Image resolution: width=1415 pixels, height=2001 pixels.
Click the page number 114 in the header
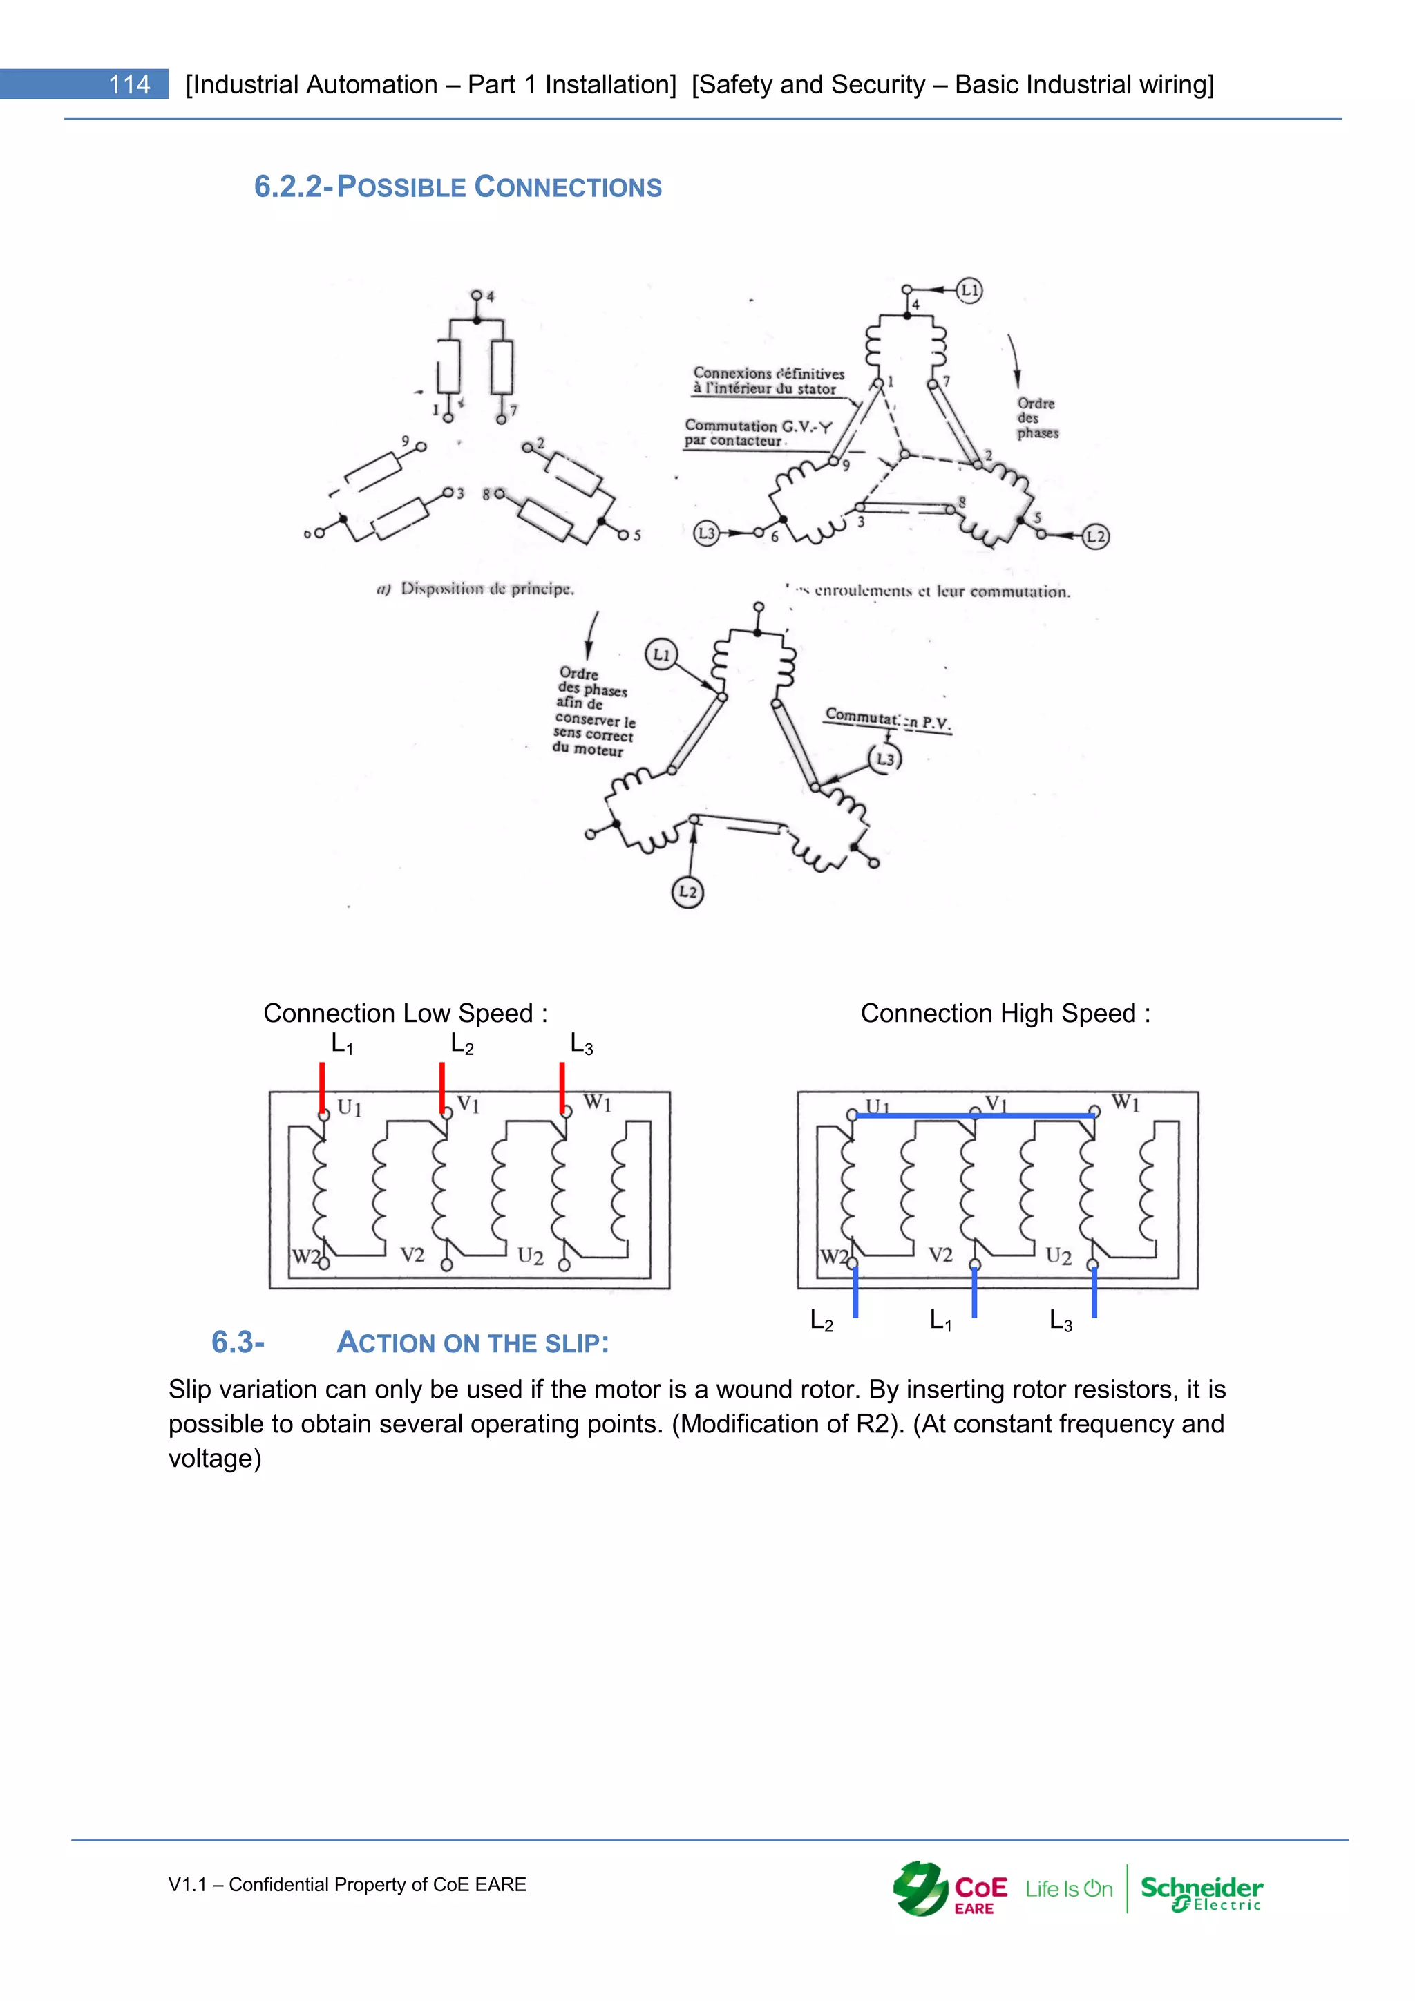point(129,84)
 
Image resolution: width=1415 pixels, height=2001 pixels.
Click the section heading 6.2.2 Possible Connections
point(457,187)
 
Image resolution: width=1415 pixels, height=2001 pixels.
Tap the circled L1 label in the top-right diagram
point(969,290)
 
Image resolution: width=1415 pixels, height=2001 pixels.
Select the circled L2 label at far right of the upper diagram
point(1095,536)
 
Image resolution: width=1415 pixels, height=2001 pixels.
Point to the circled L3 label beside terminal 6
point(705,533)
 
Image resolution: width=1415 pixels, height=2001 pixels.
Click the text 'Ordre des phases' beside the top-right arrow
point(1037,418)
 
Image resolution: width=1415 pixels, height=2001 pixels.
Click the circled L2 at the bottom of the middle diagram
point(687,891)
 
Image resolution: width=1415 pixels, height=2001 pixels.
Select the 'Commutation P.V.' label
point(887,720)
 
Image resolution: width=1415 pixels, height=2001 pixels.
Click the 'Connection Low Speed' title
point(405,1013)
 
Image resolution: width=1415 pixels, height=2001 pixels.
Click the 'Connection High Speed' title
point(1005,1013)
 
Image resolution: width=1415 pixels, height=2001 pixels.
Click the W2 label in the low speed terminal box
point(304,1257)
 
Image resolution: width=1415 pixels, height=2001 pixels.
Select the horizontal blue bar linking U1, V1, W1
point(974,1115)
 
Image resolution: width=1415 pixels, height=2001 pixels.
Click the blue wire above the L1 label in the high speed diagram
point(974,1291)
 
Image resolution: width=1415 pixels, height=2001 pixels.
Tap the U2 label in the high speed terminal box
point(1058,1256)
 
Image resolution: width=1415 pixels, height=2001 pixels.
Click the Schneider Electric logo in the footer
point(1201,1892)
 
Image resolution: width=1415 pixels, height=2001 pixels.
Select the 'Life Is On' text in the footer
point(1068,1890)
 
